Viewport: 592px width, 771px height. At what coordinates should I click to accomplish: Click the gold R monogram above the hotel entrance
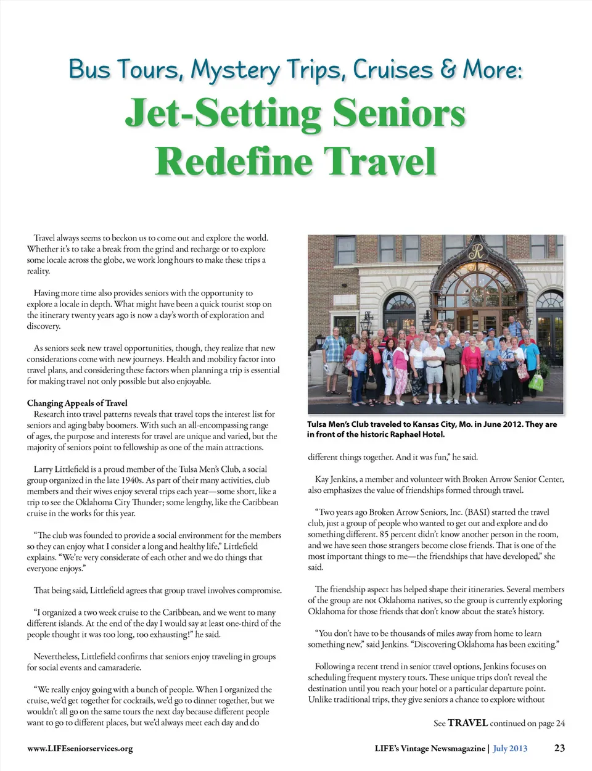[475, 252]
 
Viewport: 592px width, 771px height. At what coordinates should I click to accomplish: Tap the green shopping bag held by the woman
[536, 382]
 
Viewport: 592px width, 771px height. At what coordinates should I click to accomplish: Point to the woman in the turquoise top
[531, 358]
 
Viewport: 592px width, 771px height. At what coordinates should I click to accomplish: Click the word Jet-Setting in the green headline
[223, 114]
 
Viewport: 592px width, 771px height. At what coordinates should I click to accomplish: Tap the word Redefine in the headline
[234, 162]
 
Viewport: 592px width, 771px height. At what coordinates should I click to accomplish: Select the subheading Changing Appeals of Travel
[77, 403]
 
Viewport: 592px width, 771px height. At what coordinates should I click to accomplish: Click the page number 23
[559, 748]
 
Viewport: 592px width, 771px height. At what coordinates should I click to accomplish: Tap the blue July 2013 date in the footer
[510, 748]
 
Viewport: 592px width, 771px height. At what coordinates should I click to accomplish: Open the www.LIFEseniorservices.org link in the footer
[80, 748]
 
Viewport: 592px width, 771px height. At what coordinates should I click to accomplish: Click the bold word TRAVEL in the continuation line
[467, 723]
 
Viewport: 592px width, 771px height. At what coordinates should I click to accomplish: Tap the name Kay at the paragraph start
[322, 479]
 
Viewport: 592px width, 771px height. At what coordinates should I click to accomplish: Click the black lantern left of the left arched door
[366, 321]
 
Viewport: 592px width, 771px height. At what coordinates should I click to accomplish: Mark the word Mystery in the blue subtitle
[234, 70]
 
